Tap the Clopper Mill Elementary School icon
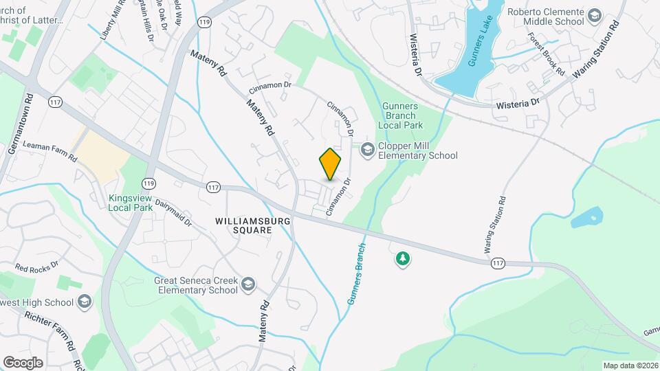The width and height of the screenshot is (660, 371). tap(368, 149)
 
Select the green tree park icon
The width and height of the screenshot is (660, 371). tap(402, 259)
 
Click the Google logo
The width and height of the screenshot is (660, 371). tap(23, 362)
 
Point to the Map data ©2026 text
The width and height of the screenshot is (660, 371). tap(630, 366)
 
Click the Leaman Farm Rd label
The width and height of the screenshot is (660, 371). tap(50, 151)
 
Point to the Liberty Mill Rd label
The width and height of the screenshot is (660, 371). tap(113, 24)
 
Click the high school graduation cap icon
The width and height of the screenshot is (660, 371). tap(85, 302)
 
